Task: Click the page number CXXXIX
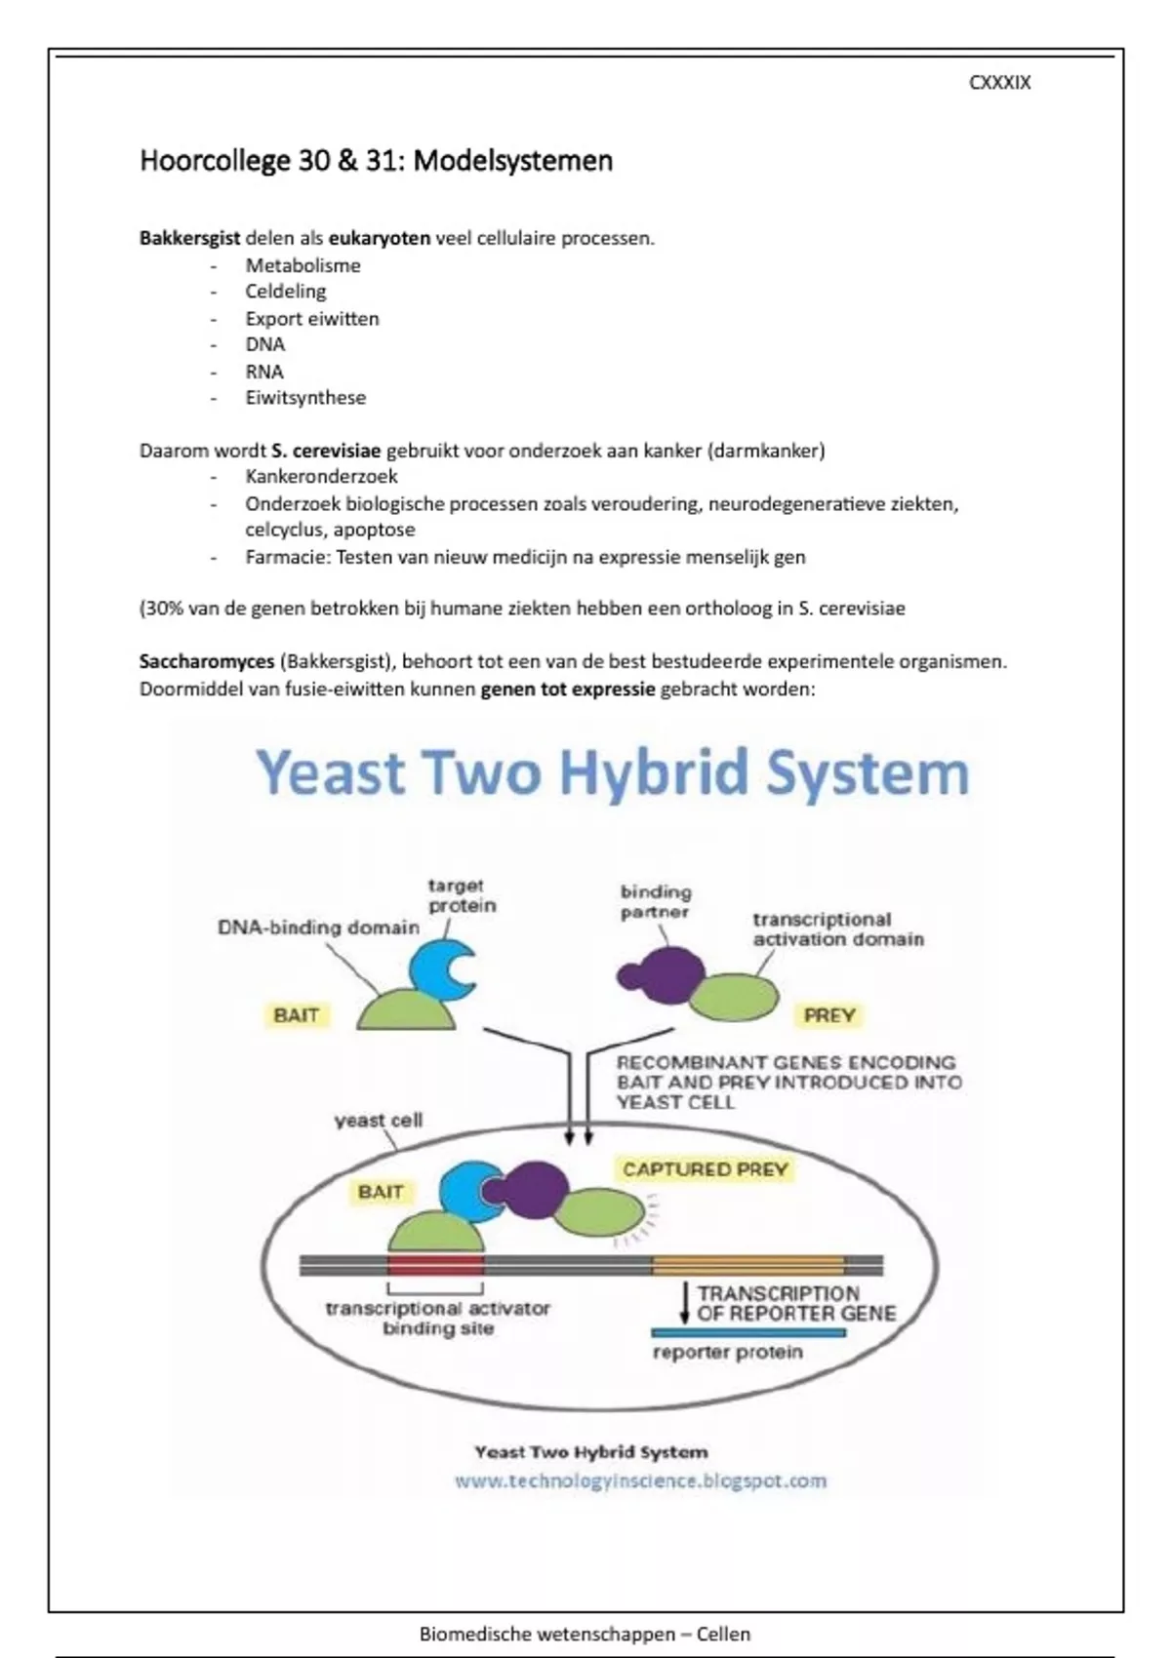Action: pos(999,83)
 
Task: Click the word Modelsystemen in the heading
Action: pos(513,161)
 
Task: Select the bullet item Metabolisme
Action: pos(303,265)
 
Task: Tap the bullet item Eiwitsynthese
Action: pos(305,398)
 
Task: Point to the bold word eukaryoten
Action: pos(379,238)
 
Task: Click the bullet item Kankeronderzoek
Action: pos(321,477)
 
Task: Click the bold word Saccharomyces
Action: pos(207,661)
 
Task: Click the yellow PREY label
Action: pos(829,1015)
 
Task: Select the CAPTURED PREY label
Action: pos(705,1169)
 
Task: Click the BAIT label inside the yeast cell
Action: pos(381,1192)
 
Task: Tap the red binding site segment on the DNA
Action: pos(435,1266)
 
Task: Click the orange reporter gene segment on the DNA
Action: pos(747,1266)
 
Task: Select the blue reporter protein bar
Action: pos(747,1333)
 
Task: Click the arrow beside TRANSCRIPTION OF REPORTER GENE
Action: pos(684,1302)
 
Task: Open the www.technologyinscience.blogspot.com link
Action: pos(640,1480)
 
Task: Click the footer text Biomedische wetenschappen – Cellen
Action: pos(585,1635)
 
